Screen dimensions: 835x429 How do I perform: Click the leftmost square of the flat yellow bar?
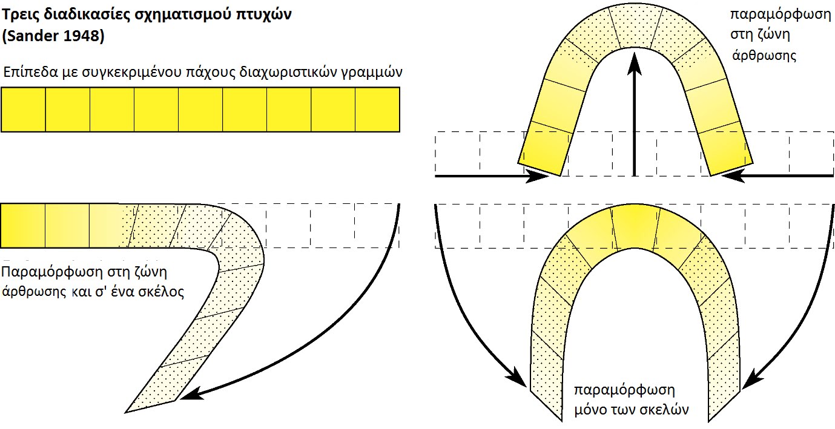(24, 110)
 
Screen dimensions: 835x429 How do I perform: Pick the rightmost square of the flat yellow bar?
(377, 110)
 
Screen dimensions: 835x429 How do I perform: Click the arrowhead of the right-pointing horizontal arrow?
(536, 175)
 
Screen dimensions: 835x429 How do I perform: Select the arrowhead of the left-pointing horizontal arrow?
(733, 175)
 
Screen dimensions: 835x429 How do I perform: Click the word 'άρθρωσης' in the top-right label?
(764, 56)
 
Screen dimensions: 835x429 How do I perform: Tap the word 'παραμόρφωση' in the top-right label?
(781, 15)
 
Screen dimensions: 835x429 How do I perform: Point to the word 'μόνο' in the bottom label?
(590, 410)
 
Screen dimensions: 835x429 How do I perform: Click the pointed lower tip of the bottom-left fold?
(125, 412)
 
